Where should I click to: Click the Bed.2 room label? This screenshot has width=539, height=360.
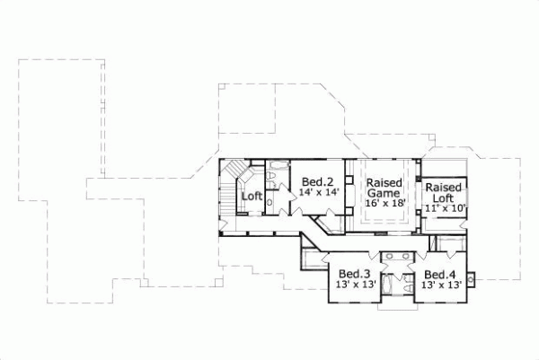(318, 180)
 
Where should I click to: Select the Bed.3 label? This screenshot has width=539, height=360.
(351, 274)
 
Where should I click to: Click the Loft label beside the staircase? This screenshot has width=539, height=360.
(252, 196)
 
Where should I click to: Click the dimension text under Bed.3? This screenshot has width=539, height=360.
(351, 285)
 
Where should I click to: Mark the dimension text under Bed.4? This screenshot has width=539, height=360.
(441, 285)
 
